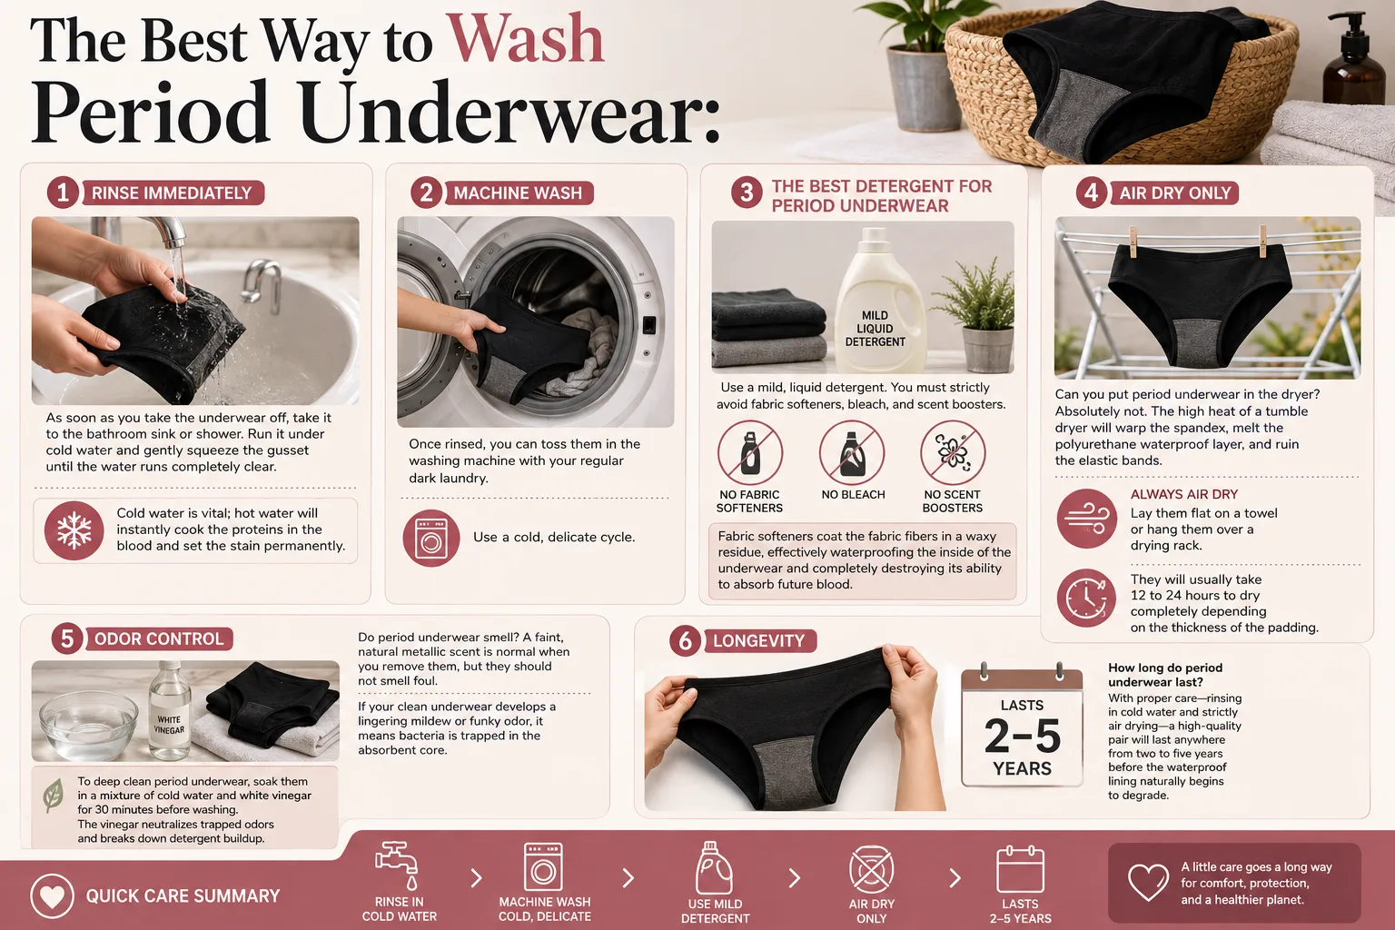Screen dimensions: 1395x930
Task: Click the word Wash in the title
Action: [x=527, y=40]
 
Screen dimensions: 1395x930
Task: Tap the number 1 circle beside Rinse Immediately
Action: [x=63, y=193]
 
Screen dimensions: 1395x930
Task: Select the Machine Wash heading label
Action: [x=519, y=193]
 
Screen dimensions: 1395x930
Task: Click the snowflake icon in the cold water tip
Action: [x=74, y=530]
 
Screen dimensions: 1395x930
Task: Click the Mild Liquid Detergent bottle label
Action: [x=875, y=329]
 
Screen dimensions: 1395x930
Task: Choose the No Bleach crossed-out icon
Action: [x=851, y=453]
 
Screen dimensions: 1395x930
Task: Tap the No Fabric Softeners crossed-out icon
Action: [x=750, y=453]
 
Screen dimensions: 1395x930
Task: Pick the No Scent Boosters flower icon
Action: [x=953, y=453]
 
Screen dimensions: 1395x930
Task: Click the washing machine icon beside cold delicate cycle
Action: [x=431, y=538]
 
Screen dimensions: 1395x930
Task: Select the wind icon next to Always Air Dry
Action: [x=1087, y=519]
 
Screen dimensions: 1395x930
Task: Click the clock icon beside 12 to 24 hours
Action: [x=1087, y=598]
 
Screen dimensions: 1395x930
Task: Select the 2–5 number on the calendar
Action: [x=1022, y=736]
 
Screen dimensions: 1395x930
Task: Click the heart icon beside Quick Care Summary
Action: [x=53, y=896]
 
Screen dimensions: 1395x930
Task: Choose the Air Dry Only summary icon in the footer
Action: [x=871, y=869]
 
